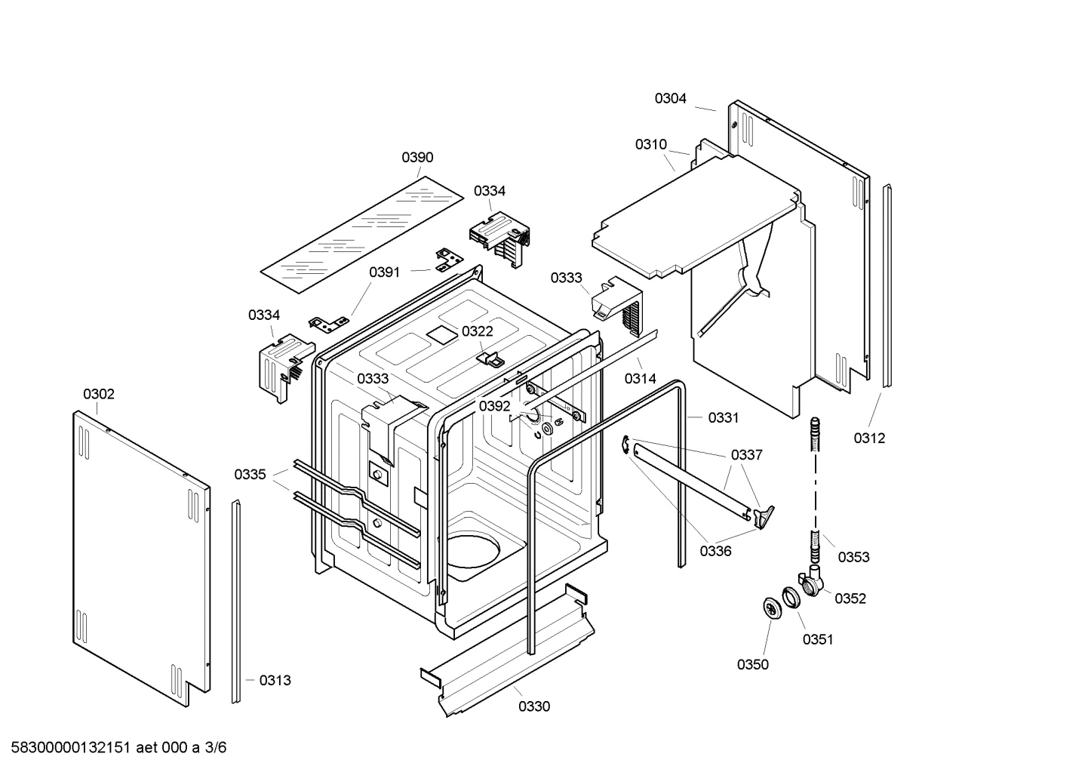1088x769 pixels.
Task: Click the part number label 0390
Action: pos(417,157)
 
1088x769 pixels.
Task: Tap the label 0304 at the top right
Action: pos(670,98)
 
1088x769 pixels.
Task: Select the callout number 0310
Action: pos(650,144)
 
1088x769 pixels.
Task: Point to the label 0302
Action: pos(99,394)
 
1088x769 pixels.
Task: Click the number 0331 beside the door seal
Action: pos(723,417)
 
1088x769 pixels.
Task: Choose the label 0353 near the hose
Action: pos(853,557)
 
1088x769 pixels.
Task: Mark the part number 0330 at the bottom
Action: pos(533,706)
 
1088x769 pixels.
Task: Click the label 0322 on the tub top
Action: pos(477,331)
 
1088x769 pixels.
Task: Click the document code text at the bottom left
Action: pos(113,748)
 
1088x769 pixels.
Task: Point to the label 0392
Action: pos(494,406)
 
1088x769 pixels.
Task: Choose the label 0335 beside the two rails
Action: pos(250,474)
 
